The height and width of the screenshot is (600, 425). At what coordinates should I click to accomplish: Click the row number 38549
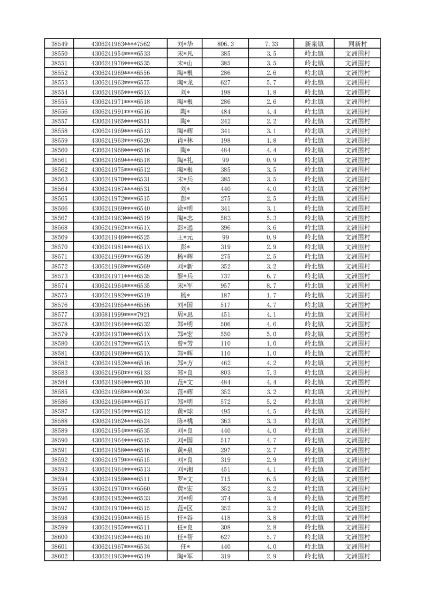pyautogui.click(x=59, y=44)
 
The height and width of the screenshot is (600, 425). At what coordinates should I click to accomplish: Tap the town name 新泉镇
pyautogui.click(x=314, y=44)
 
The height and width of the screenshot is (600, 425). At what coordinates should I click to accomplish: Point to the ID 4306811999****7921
pyautogui.click(x=120, y=314)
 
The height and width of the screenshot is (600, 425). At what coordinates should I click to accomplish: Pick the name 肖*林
pyautogui.click(x=185, y=141)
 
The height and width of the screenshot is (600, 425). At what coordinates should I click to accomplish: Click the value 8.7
pyautogui.click(x=271, y=286)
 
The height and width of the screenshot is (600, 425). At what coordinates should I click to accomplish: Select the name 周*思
pyautogui.click(x=185, y=314)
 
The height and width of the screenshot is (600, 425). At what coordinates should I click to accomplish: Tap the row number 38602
pyautogui.click(x=59, y=556)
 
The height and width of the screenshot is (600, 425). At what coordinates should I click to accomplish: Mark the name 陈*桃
pyautogui.click(x=185, y=421)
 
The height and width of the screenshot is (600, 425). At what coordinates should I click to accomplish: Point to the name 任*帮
pyautogui.click(x=185, y=537)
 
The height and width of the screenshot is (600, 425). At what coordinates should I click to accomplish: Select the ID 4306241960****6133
pyautogui.click(x=120, y=372)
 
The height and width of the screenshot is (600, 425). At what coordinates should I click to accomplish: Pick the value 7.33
pyautogui.click(x=271, y=44)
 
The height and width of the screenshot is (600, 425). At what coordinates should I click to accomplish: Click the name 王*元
pyautogui.click(x=185, y=237)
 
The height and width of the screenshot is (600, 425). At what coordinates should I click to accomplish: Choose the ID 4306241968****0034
pyautogui.click(x=120, y=391)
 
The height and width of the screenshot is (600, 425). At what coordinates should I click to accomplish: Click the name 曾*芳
pyautogui.click(x=185, y=343)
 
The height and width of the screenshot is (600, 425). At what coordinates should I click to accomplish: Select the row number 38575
pyautogui.click(x=59, y=295)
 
